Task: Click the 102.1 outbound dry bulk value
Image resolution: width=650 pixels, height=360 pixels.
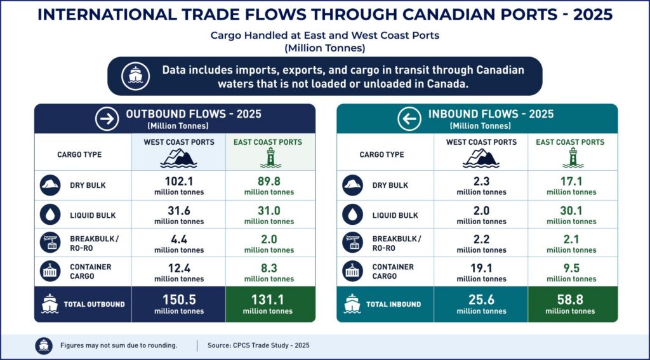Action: click(179, 182)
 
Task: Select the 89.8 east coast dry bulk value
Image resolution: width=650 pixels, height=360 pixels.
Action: click(269, 182)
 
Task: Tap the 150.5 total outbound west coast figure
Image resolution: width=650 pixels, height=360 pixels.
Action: click(179, 300)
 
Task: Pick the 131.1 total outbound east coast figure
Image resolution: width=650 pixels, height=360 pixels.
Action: click(268, 300)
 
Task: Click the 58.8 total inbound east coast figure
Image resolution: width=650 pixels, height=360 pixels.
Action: click(571, 300)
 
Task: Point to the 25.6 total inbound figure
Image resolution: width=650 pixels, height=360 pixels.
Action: click(481, 300)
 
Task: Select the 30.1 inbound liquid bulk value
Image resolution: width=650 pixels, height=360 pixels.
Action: click(571, 211)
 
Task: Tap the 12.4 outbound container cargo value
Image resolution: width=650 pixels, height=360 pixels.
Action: click(179, 269)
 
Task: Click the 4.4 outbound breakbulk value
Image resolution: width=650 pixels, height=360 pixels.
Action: click(179, 239)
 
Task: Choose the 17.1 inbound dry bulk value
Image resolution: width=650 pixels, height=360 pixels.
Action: click(571, 182)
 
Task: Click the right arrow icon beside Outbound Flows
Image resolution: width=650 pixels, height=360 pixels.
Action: click(107, 119)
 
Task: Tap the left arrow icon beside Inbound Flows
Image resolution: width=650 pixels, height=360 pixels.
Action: click(409, 119)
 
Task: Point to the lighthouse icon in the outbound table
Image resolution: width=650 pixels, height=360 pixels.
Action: click(270, 158)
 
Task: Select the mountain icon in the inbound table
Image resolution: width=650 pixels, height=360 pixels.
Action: click(481, 158)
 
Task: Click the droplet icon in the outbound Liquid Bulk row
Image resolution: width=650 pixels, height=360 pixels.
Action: click(50, 215)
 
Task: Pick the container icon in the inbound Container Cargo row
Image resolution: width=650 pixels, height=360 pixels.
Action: click(353, 272)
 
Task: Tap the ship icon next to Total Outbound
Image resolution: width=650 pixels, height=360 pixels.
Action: click(50, 304)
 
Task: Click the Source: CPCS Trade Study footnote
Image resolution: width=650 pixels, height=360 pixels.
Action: click(259, 345)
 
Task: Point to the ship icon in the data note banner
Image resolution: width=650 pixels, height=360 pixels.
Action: click(136, 76)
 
